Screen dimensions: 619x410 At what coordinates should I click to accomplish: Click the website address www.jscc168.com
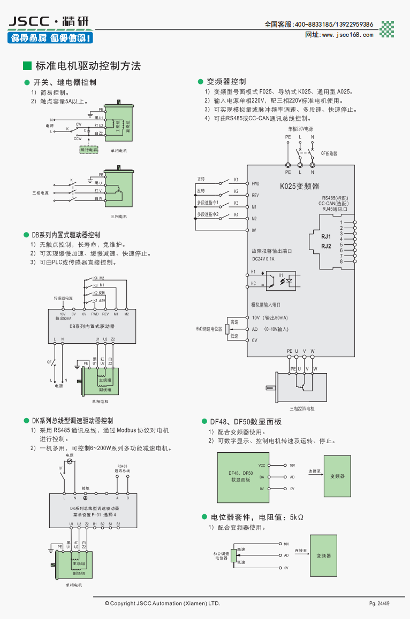pos(347,35)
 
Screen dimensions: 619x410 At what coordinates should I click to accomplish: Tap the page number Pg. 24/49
pos(379,603)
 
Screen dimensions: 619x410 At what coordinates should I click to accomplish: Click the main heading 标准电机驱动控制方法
pos(87,66)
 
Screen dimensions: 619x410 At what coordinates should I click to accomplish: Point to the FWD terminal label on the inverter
pos(256,184)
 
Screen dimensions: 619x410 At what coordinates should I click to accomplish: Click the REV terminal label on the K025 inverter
pos(255,196)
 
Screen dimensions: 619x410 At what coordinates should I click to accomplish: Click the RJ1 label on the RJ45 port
pos(326,236)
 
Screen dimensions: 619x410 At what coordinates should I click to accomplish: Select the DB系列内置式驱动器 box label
pos(92,326)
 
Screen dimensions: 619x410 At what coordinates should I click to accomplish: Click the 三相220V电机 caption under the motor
pos(301,409)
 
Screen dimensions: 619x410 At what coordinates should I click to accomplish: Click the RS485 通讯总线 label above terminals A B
pos(122,469)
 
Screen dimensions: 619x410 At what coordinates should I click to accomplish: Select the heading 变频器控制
pos(226,82)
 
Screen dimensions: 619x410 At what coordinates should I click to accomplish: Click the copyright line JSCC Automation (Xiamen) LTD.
pos(162,603)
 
